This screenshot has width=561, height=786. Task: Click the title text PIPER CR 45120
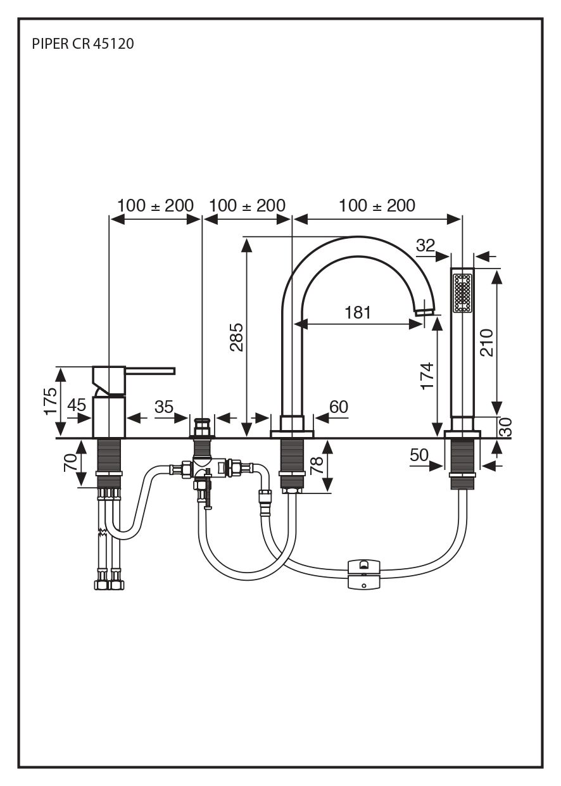(82, 44)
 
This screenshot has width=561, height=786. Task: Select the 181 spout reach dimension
(358, 312)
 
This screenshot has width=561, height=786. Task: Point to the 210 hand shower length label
(487, 343)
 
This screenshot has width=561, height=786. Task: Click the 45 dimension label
(77, 405)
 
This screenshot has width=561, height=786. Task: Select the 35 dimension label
(163, 407)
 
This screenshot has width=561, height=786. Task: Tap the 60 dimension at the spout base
(339, 407)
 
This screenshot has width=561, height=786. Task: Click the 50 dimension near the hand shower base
(419, 455)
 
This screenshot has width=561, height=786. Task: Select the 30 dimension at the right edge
(505, 427)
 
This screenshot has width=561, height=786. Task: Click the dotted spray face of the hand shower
(463, 292)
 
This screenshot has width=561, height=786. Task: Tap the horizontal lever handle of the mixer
(152, 370)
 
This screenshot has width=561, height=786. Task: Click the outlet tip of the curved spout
(425, 310)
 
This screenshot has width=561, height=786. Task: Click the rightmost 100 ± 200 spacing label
(377, 206)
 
